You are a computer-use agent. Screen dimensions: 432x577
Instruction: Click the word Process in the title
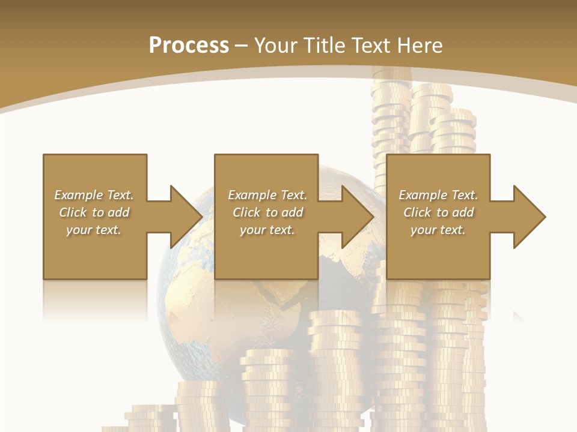click(189, 46)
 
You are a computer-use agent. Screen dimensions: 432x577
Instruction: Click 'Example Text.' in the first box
click(94, 195)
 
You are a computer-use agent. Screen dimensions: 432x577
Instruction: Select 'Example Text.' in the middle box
click(267, 195)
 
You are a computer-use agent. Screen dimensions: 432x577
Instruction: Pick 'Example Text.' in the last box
click(438, 195)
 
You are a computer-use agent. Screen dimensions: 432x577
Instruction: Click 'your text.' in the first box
click(94, 230)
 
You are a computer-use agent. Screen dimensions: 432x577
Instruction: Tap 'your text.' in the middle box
click(267, 230)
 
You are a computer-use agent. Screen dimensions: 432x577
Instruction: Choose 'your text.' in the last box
click(438, 230)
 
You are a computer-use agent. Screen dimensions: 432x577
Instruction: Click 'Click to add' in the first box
click(94, 212)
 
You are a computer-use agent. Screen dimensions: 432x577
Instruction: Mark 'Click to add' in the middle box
click(267, 212)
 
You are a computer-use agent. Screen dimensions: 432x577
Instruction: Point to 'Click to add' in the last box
click(438, 212)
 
